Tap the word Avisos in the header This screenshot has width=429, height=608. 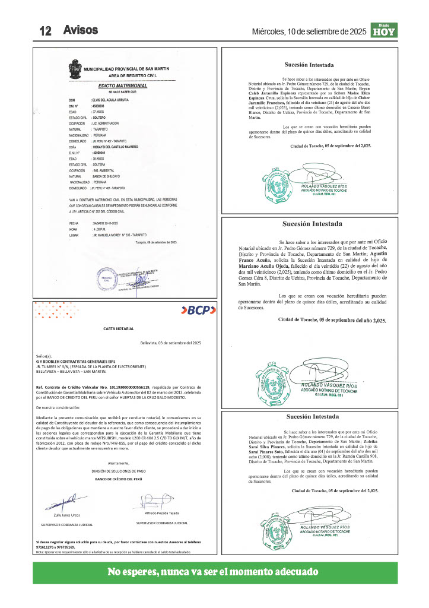click(80, 30)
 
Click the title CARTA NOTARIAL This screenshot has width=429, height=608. click(119, 328)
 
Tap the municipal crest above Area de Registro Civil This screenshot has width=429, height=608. click(75, 70)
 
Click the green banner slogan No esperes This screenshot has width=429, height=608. click(214, 572)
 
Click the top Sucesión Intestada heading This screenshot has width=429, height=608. click(309, 65)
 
